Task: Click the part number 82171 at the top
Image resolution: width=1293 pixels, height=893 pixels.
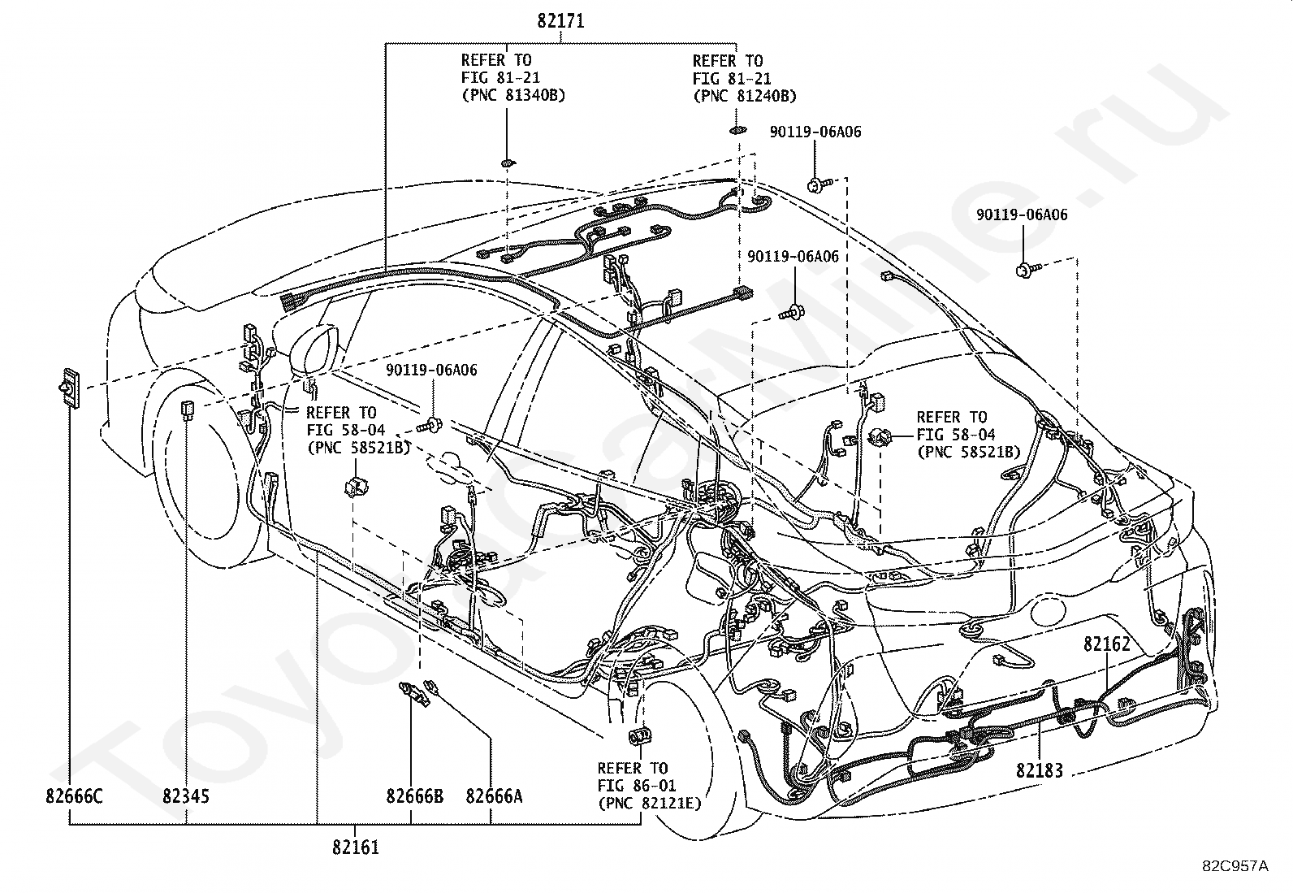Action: pos(560,21)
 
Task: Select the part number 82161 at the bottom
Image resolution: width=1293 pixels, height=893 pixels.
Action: pos(356,847)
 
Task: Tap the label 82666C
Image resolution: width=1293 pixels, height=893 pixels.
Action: pos(74,796)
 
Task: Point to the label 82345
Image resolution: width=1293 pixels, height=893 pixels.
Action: pos(186,796)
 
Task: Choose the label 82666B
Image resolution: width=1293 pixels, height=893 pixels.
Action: pos(414,796)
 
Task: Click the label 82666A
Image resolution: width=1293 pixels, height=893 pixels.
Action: pos(494,796)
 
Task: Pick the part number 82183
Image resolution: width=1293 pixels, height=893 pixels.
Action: pos(1040,770)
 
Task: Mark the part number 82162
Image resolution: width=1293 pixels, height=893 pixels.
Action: pos(1106,644)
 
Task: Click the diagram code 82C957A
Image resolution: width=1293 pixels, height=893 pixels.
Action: pos(1235,866)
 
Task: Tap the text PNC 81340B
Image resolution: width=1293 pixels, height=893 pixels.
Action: pos(513,95)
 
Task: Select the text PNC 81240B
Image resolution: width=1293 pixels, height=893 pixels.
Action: pos(745,96)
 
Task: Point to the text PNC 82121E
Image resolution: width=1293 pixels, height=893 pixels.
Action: pos(650,804)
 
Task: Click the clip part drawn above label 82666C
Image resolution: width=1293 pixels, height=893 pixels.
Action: pos(69,387)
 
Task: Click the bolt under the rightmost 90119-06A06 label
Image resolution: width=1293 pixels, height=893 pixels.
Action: pos(1027,269)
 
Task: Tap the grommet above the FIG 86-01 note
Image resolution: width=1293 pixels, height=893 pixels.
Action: pos(638,736)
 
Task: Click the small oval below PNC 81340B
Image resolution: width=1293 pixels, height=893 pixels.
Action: pos(508,163)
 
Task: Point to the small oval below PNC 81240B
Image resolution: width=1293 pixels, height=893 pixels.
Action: pos(738,130)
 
